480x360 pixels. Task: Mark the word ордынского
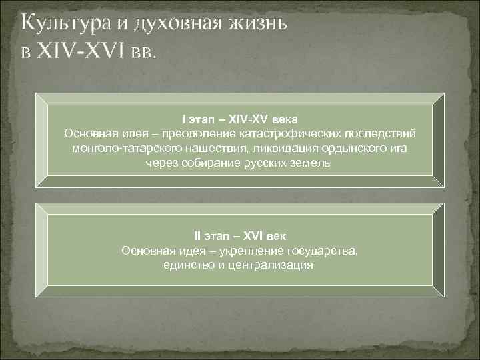pos(349,149)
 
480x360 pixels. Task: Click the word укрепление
pos(249,251)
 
